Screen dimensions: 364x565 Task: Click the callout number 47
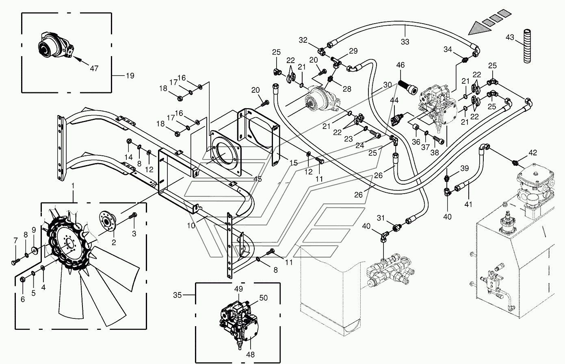tap(94, 69)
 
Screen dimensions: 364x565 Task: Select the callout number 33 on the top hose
tap(405, 41)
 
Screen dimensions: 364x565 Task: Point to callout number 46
tap(400, 65)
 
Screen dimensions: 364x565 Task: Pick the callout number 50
tap(263, 298)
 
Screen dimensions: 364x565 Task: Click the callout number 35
tap(177, 295)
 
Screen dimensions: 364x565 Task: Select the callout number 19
tap(130, 75)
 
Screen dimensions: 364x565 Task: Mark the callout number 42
tap(533, 153)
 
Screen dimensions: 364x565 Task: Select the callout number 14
tap(129, 157)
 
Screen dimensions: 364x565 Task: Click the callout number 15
tap(294, 163)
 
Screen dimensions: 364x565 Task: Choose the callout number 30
tap(387, 85)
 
